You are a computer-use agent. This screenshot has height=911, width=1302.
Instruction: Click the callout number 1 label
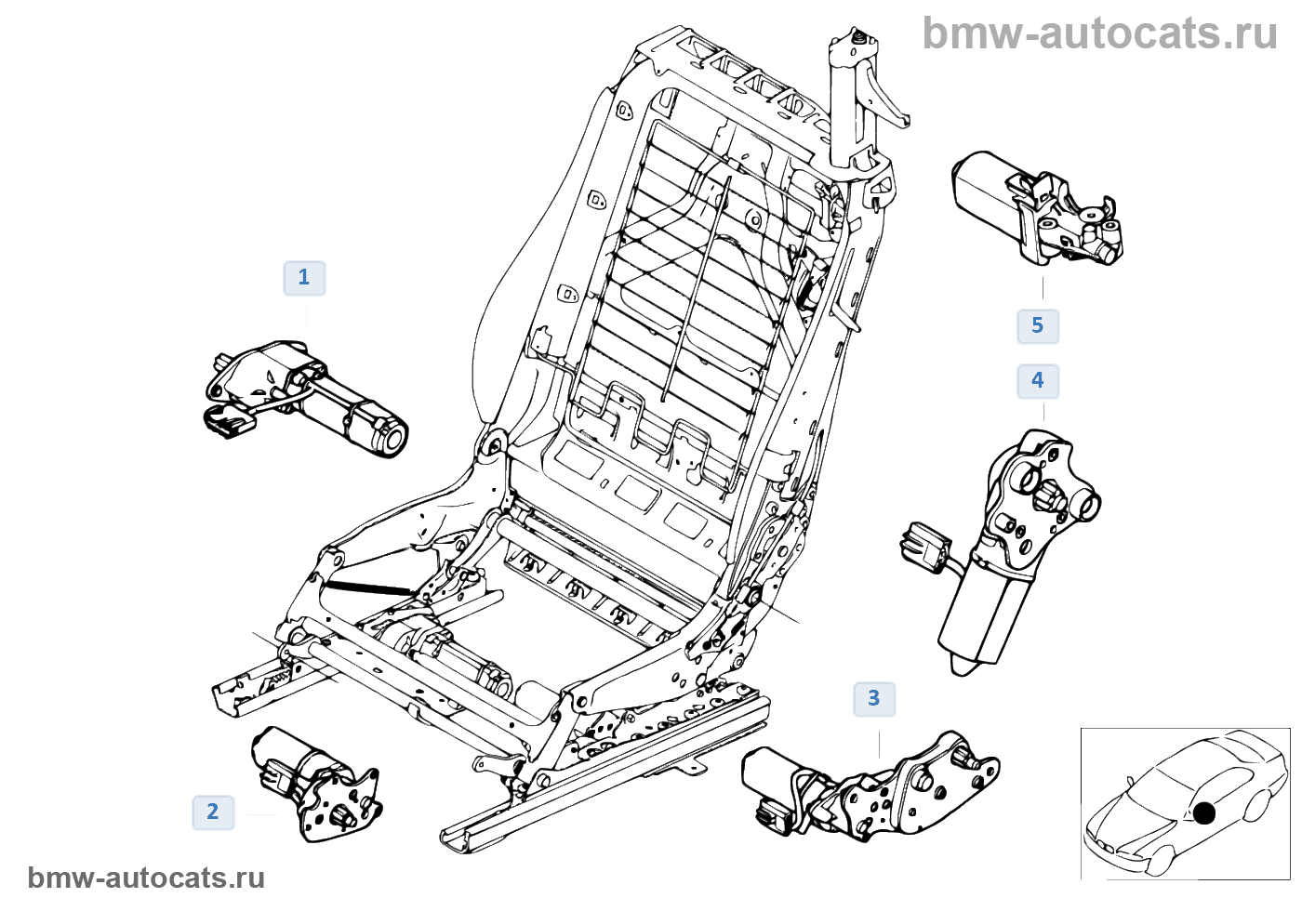point(304,278)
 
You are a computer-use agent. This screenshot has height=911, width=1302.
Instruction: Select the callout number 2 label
point(213,812)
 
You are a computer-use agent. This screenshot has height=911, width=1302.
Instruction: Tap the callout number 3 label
point(874,699)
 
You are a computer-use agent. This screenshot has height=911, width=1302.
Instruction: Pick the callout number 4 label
point(1038,381)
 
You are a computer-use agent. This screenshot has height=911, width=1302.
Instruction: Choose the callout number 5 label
point(1038,326)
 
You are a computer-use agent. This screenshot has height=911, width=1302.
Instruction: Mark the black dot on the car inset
point(1204,813)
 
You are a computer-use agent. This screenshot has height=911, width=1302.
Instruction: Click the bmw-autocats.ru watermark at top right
point(1099,33)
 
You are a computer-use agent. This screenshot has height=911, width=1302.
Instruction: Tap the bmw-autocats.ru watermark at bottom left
point(146,878)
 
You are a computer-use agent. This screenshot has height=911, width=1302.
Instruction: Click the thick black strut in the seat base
point(367,587)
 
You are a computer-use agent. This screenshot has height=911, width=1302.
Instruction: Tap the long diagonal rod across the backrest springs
point(697,288)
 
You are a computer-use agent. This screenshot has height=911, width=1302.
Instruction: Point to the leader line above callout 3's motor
point(879,743)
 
